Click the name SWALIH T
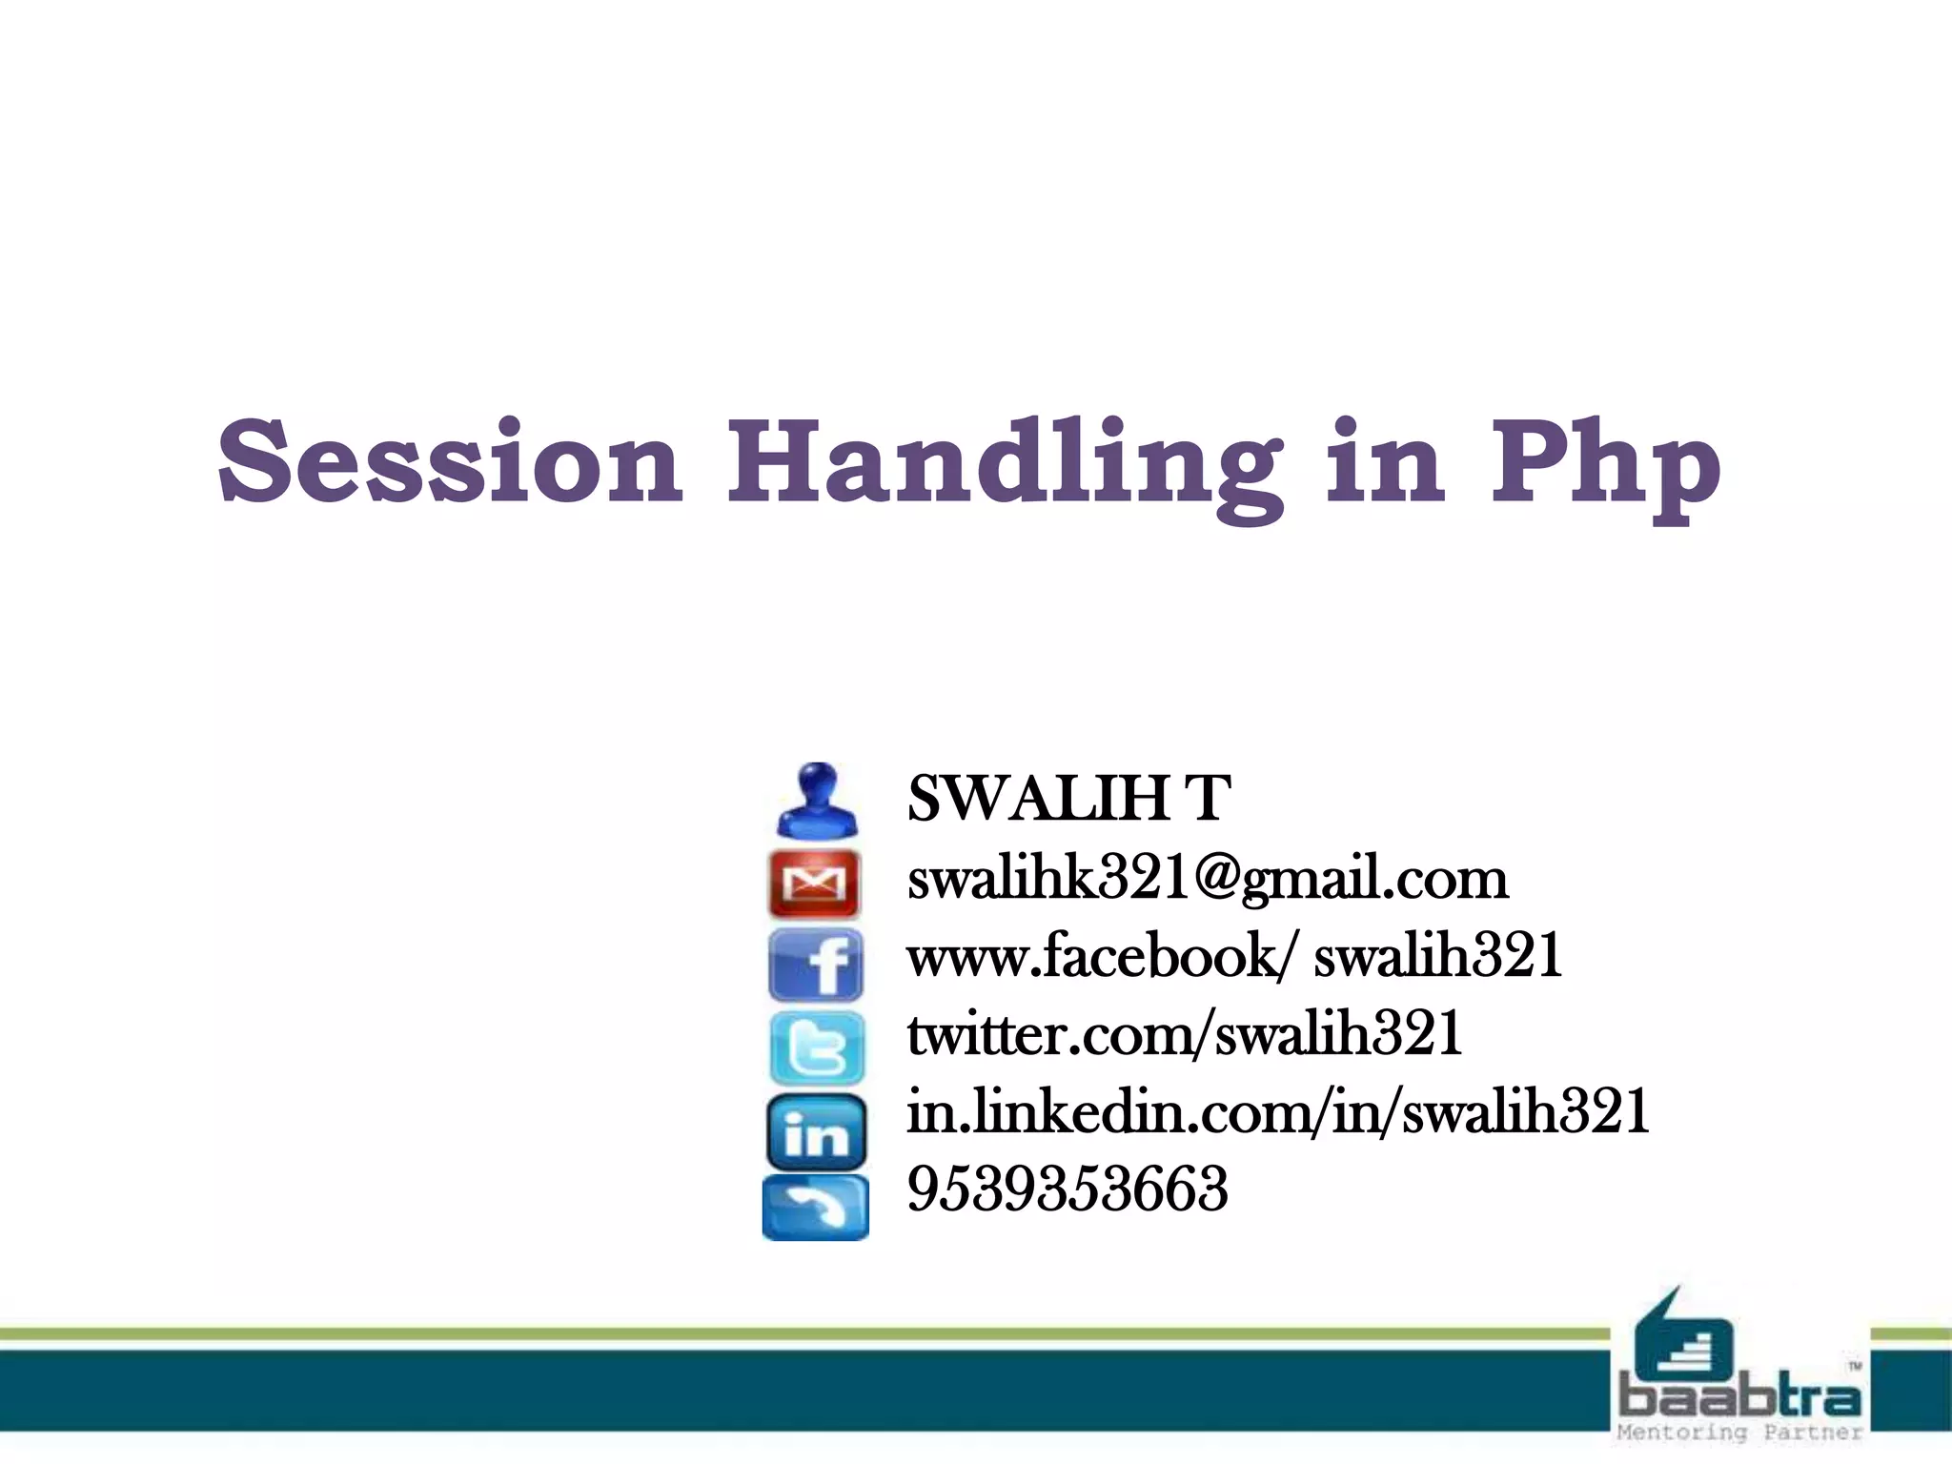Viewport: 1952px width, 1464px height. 1068,798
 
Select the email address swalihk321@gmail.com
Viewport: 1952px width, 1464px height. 1208,878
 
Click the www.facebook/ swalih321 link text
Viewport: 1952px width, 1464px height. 1234,956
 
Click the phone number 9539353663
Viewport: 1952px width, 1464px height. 1067,1189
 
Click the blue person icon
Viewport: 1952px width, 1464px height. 817,801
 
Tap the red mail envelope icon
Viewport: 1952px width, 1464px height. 814,884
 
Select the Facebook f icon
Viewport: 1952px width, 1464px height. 816,965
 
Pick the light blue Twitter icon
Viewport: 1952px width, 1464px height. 817,1048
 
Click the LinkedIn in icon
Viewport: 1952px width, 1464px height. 816,1132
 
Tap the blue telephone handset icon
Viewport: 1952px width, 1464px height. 816,1209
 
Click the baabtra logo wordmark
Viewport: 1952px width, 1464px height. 1739,1398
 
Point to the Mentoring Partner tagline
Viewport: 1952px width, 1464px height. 1739,1433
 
